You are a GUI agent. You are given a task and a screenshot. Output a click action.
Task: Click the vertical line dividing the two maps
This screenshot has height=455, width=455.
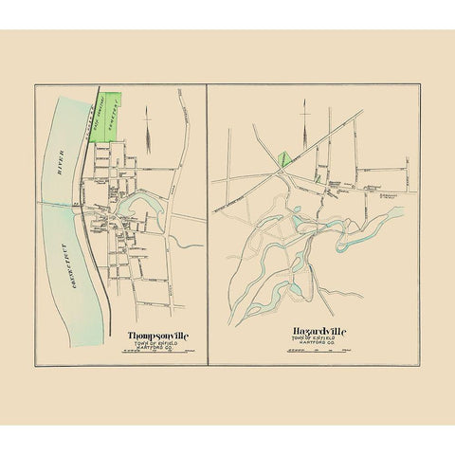pos(207,227)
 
